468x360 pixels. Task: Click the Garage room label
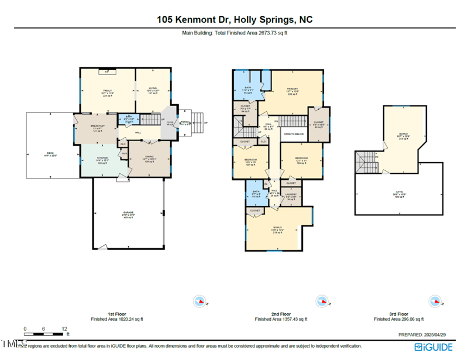click(x=128, y=212)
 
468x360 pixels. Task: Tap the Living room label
click(x=153, y=91)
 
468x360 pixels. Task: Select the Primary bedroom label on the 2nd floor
click(x=292, y=89)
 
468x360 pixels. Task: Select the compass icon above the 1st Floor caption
click(x=201, y=301)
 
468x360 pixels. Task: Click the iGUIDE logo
click(x=433, y=347)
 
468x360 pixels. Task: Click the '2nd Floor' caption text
click(x=281, y=314)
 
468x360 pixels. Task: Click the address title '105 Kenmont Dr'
click(x=195, y=19)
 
